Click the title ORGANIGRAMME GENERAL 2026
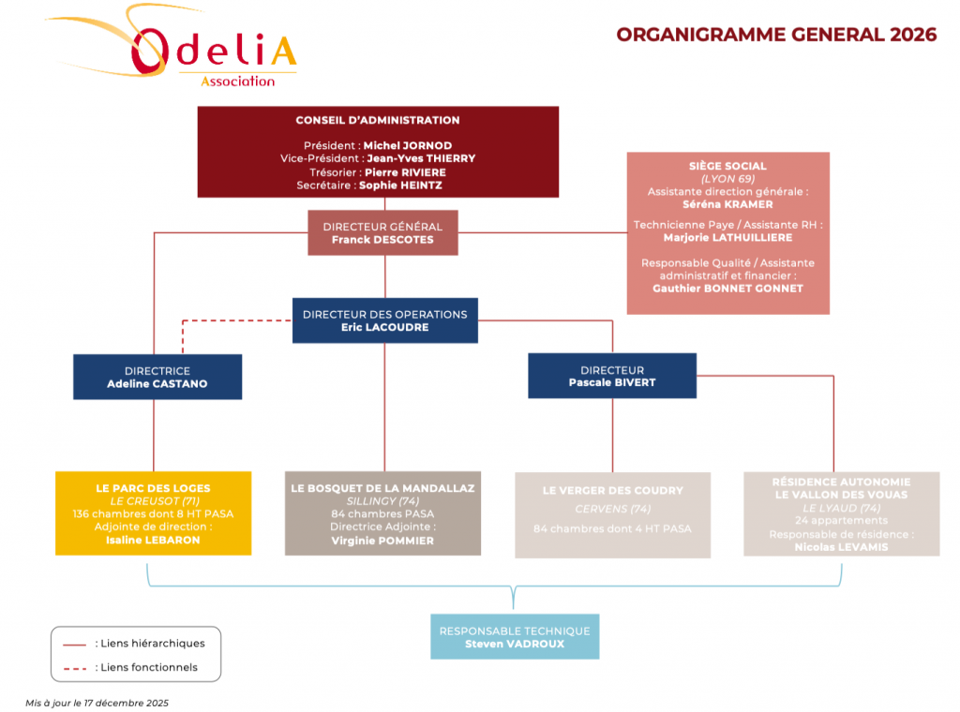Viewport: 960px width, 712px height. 776,35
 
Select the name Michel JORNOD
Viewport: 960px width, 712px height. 407,146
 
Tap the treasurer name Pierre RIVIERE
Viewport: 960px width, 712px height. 405,172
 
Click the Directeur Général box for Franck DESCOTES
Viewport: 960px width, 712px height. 382,233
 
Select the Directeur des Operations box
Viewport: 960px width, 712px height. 384,320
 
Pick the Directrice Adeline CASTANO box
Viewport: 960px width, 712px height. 157,377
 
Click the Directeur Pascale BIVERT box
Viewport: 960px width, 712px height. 611,376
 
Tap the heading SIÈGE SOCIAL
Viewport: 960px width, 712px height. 727,166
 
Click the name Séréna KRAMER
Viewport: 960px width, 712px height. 727,204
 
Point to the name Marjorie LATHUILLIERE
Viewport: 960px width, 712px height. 727,238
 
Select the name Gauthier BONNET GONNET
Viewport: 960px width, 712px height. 727,289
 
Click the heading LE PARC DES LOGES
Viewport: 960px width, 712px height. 154,488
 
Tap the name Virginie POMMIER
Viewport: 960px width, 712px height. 382,541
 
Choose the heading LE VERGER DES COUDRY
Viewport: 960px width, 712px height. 613,490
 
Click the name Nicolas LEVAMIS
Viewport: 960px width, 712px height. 841,547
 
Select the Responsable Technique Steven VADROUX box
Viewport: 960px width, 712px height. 515,637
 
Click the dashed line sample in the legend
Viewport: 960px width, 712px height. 74,668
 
